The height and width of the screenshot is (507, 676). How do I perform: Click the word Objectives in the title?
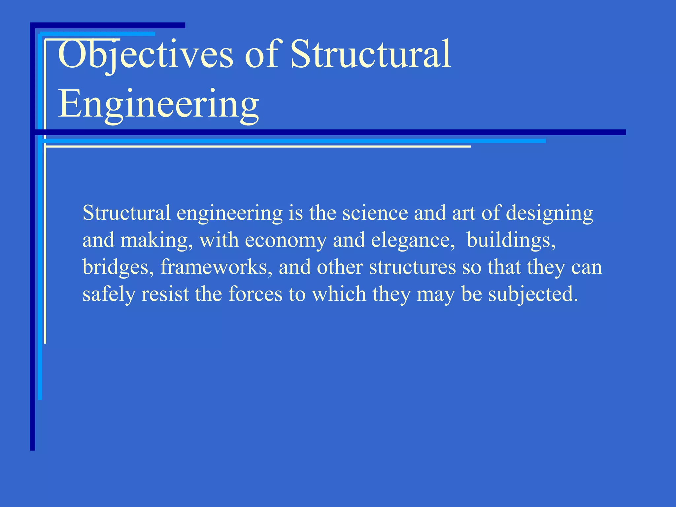145,54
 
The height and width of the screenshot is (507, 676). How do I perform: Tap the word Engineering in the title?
158,104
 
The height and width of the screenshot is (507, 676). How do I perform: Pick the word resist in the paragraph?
165,294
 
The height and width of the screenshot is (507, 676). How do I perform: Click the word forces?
255,294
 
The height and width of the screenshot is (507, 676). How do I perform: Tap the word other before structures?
340,267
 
